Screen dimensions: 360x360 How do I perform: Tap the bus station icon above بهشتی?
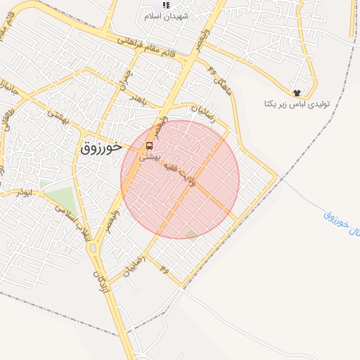coord(149,146)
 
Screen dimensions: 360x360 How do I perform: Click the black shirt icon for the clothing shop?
coord(297,92)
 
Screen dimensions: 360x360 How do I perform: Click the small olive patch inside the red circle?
coord(191,234)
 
